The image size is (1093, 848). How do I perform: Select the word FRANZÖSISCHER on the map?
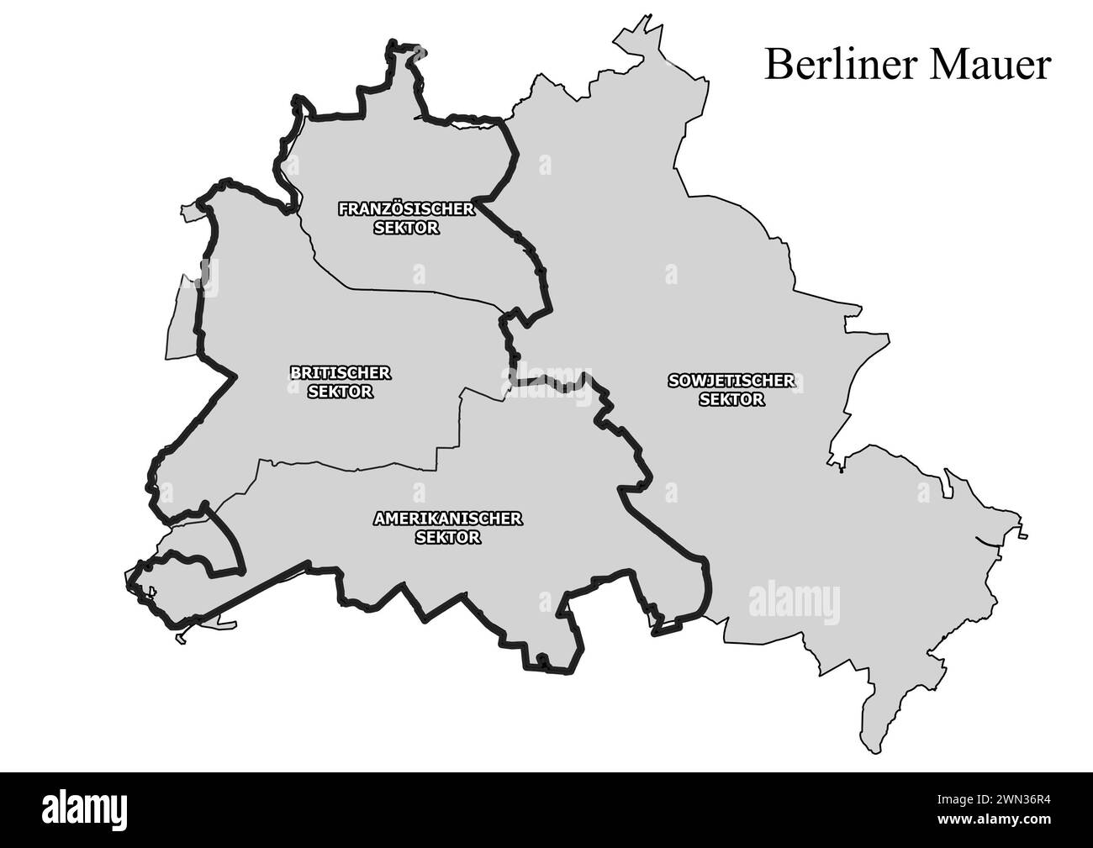pos(406,208)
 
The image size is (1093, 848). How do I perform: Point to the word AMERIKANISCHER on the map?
pos(447,519)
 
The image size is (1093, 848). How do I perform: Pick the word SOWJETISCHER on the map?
pos(731,381)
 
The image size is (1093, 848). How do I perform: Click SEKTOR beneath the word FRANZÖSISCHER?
pos(406,228)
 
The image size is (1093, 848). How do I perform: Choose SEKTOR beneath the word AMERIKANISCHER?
pos(448,538)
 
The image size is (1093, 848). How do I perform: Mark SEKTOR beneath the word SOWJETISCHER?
pos(731,400)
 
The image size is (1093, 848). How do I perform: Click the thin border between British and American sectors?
pos(353,465)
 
